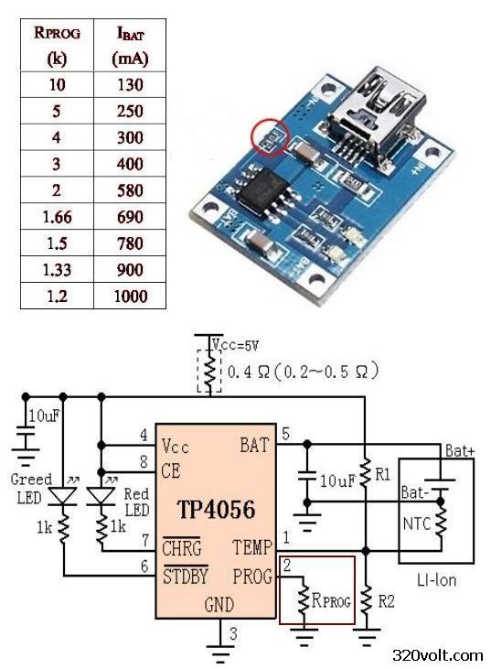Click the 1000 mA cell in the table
131,297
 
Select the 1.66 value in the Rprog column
57,217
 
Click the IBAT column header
131,45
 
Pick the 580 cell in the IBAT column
131,190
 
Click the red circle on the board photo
270,137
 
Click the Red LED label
135,502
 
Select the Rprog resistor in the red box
303,600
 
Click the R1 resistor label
382,473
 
